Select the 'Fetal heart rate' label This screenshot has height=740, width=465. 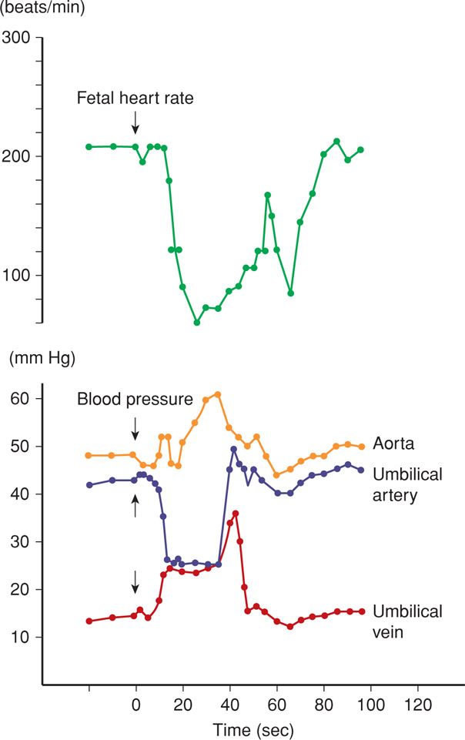click(x=135, y=99)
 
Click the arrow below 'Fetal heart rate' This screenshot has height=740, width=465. click(x=135, y=121)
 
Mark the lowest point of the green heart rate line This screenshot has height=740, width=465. click(x=197, y=323)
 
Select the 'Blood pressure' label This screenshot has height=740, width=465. click(x=135, y=400)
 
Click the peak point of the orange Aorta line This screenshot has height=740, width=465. click(x=218, y=394)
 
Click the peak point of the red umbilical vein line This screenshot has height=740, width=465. click(x=236, y=514)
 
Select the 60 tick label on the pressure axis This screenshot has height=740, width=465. click(x=19, y=399)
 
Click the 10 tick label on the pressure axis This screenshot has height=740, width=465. click(x=19, y=637)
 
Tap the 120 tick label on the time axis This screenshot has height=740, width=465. click(x=417, y=703)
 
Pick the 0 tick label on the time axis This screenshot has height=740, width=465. click(x=136, y=703)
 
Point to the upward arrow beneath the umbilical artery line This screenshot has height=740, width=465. click(x=135, y=504)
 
